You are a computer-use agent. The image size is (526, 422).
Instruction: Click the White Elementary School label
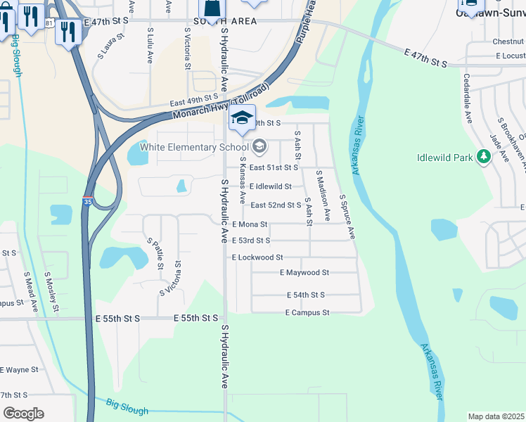194,147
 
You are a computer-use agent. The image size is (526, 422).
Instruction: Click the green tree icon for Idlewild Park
483,156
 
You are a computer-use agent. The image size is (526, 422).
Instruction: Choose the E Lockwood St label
257,258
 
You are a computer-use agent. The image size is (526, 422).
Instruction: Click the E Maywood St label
304,272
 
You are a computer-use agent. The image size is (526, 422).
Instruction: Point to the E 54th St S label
305,295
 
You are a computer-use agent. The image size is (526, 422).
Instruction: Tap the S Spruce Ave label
347,217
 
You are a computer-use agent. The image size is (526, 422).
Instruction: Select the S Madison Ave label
323,196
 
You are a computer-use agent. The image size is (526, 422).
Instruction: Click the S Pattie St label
155,254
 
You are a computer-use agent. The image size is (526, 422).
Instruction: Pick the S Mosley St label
51,292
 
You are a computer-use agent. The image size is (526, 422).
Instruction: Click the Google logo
24,414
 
